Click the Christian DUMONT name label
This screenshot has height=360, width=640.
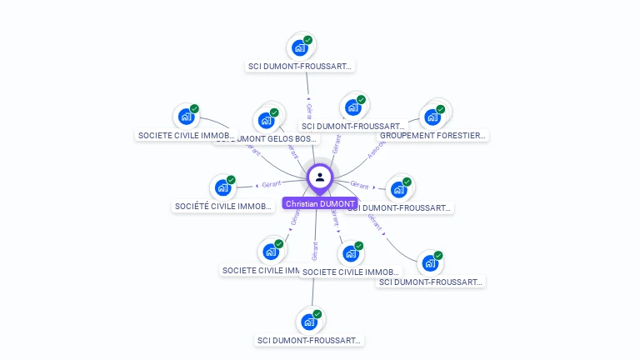320,203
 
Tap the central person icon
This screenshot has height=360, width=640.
320,177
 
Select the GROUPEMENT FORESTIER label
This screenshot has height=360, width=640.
433,135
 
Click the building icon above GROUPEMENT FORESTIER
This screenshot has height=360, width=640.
432,117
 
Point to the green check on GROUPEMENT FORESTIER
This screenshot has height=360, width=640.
441,108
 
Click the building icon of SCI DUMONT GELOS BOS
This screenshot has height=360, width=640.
266,121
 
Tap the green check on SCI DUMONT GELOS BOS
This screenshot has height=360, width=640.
274,112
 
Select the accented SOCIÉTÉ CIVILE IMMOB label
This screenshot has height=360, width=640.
222,206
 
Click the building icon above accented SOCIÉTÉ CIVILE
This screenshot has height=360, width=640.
222,187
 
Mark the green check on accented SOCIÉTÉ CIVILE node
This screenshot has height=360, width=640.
231,179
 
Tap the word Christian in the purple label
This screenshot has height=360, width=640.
302,203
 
